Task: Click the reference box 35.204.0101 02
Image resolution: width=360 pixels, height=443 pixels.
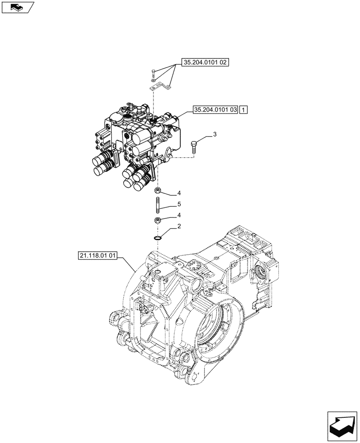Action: point(204,63)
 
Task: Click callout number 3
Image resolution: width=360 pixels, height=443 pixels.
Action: point(215,134)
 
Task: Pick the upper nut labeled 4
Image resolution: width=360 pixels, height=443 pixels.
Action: point(157,191)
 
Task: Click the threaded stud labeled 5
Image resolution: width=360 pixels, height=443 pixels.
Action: point(157,206)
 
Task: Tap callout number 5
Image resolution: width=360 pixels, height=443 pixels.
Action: point(179,204)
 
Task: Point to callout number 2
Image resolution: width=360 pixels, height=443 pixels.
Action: point(179,227)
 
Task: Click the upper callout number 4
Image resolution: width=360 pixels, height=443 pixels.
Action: point(179,193)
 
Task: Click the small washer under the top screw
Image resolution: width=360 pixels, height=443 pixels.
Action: point(153,82)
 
